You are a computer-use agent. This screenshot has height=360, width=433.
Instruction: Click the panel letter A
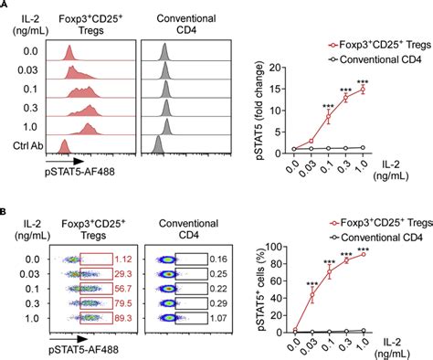5,5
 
